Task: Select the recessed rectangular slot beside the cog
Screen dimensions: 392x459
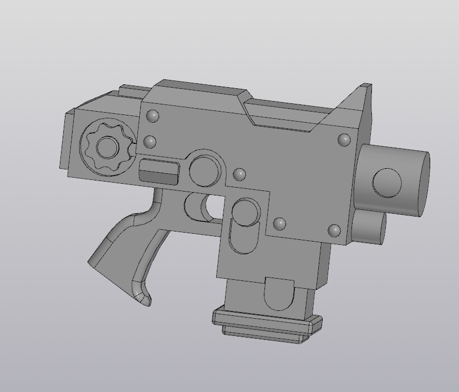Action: [x=158, y=171]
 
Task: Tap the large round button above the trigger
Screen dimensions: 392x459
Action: [x=205, y=170]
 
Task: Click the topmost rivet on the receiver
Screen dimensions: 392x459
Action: [x=152, y=117]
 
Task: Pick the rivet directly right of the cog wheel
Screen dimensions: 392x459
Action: [x=150, y=142]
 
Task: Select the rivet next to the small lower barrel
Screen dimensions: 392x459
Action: [x=334, y=230]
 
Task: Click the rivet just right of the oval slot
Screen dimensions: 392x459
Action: [x=279, y=224]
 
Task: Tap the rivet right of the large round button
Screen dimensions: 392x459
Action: [x=239, y=174]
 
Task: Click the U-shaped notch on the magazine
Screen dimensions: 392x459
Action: [x=280, y=294]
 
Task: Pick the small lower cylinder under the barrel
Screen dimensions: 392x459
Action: [x=369, y=227]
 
